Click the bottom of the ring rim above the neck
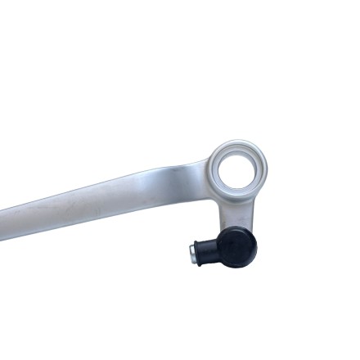pos(237,197)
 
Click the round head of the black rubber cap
pos(238,246)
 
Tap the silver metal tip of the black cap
pos(193,254)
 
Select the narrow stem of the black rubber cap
pos(210,250)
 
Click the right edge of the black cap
pos(256,245)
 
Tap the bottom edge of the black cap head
pos(238,266)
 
